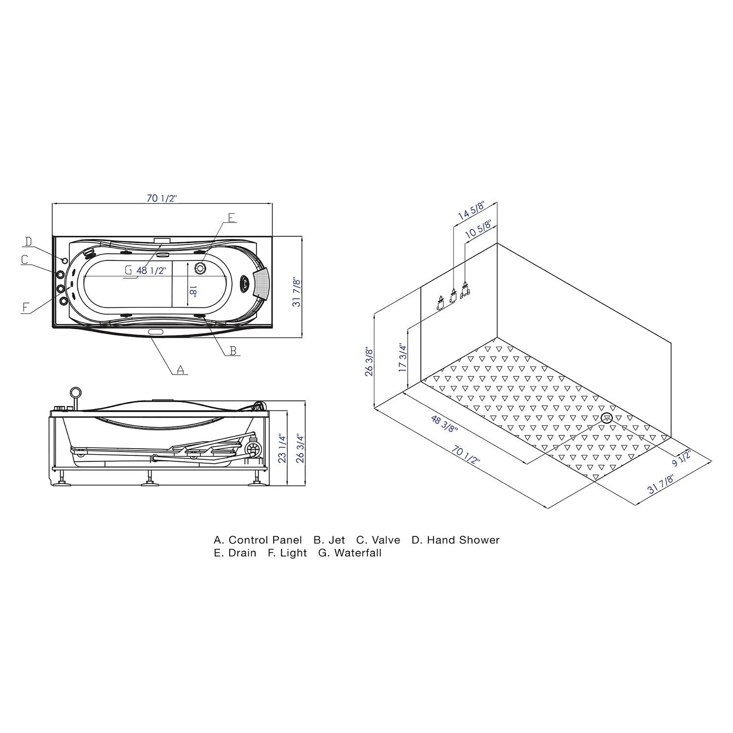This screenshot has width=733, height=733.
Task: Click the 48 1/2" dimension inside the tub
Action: point(151,270)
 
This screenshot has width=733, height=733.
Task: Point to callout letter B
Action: point(233,350)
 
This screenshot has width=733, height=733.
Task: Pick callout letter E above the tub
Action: point(232,217)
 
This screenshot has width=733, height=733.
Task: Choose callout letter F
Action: point(26,307)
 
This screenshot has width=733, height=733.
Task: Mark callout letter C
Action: point(25,260)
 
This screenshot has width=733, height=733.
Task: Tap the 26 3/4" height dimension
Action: point(300,449)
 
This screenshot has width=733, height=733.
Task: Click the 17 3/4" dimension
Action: point(403,357)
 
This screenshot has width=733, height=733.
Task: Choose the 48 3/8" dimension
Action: point(444,423)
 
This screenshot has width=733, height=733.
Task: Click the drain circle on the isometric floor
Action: point(607,418)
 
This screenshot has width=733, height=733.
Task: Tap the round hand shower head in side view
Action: point(75,392)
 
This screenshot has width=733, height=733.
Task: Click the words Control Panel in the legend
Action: point(265,540)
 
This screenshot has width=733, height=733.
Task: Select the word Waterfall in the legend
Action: point(358,553)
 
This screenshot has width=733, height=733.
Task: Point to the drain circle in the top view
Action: point(200,268)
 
